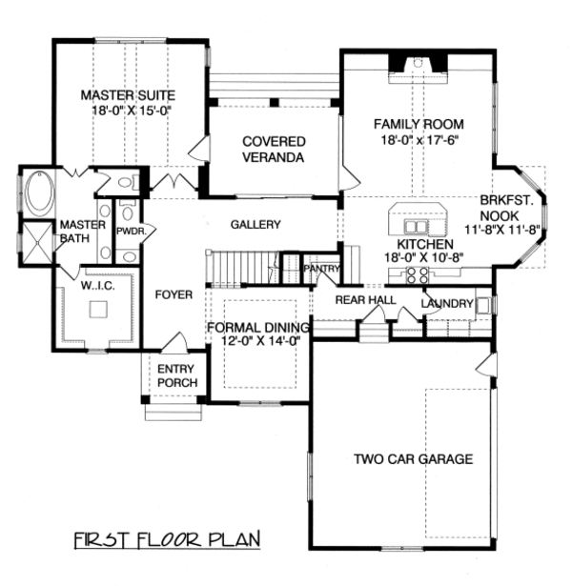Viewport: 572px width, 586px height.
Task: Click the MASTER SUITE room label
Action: [129, 95]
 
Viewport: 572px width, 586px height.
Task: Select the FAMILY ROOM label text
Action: [419, 124]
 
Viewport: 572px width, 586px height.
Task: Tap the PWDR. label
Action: [129, 232]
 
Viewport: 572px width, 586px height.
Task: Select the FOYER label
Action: [174, 294]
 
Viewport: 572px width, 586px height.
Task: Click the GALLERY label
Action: [255, 225]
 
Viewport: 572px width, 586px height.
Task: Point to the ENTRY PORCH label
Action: [177, 375]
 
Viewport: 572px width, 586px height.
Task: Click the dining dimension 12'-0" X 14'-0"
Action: [255, 341]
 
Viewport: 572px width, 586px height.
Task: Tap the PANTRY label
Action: [319, 270]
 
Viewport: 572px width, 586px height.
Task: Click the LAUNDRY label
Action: [446, 303]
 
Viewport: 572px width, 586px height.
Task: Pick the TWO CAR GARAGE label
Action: [413, 459]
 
